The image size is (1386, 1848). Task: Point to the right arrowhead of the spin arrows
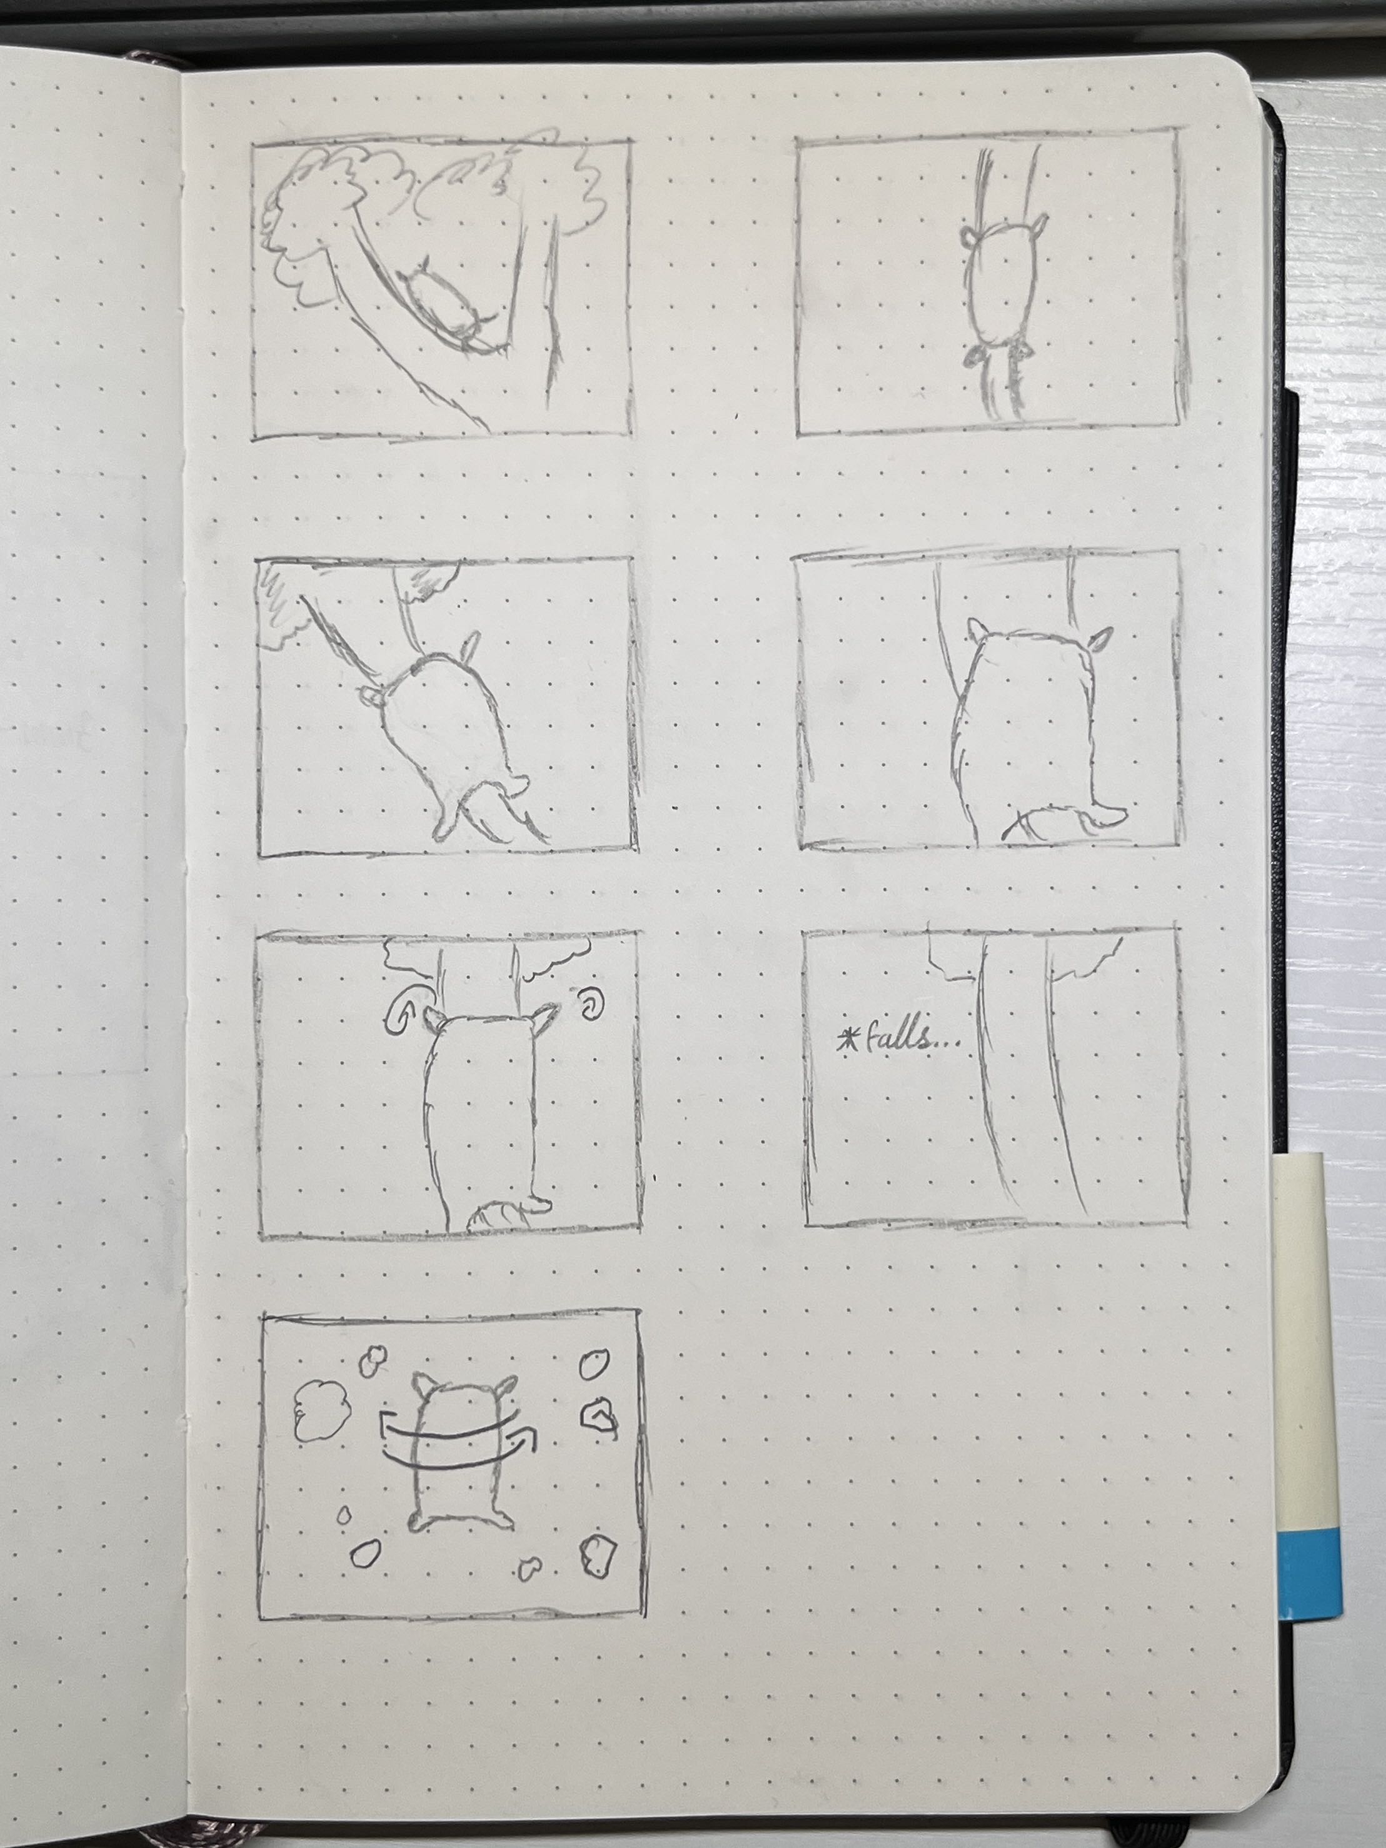pos(526,1440)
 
